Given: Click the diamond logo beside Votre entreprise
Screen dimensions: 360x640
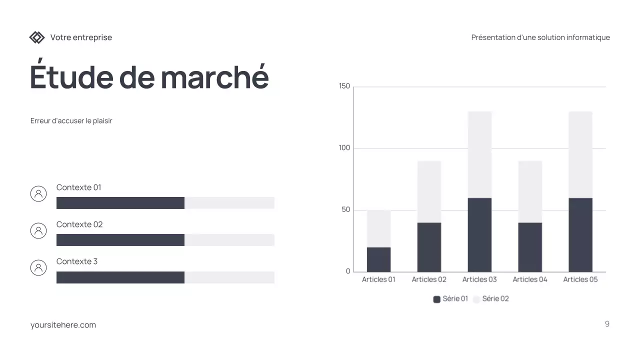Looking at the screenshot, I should pyautogui.click(x=37, y=37).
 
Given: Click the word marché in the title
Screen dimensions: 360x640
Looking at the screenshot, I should pyautogui.click(x=214, y=77).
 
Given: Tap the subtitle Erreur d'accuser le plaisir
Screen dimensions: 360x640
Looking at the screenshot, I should pyautogui.click(x=71, y=121).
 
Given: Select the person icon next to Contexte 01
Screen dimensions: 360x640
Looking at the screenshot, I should pyautogui.click(x=38, y=193).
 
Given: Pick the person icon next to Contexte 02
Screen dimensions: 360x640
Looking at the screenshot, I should pyautogui.click(x=38, y=230).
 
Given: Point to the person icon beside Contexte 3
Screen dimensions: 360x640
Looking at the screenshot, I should pyautogui.click(x=38, y=267).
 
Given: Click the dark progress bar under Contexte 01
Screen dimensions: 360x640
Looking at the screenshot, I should pyautogui.click(x=120, y=203).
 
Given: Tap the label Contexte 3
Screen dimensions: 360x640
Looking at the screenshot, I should pyautogui.click(x=77, y=261).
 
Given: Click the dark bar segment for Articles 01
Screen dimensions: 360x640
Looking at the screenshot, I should pyautogui.click(x=378, y=259).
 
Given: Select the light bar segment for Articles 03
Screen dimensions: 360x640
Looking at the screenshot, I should pyautogui.click(x=479, y=154).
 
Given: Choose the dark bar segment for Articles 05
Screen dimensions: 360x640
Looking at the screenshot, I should pyautogui.click(x=580, y=235).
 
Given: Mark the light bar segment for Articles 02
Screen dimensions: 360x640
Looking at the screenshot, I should pyautogui.click(x=429, y=191).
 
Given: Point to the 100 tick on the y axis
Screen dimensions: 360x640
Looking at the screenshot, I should pyautogui.click(x=344, y=148).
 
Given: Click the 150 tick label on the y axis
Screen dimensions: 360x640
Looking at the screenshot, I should pyautogui.click(x=344, y=86).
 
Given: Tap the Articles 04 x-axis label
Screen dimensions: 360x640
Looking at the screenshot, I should pyautogui.click(x=530, y=279).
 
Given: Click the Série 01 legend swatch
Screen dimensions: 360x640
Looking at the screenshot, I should pyautogui.click(x=437, y=299).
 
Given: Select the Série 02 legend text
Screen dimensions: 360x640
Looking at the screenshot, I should pyautogui.click(x=495, y=299).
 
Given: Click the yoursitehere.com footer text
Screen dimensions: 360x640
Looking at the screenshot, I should pyautogui.click(x=63, y=325).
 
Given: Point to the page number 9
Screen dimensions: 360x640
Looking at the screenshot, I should pyautogui.click(x=607, y=324).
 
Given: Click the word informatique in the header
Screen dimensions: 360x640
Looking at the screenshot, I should pyautogui.click(x=588, y=37).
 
